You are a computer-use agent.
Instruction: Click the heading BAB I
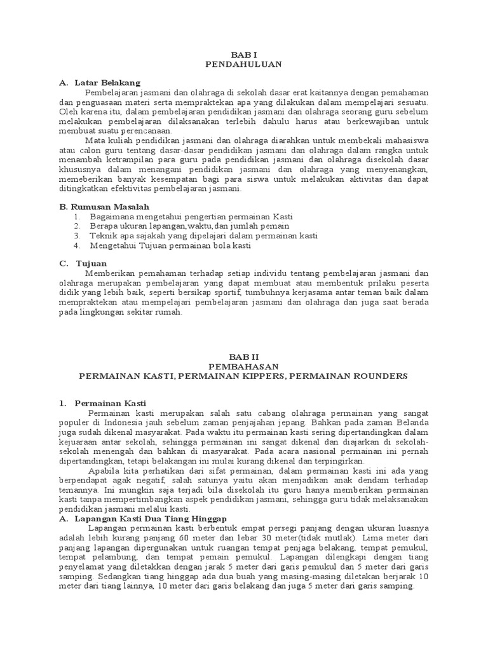(x=243, y=55)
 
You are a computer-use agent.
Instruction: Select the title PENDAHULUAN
(x=243, y=64)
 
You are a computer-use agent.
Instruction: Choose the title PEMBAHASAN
(x=243, y=367)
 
